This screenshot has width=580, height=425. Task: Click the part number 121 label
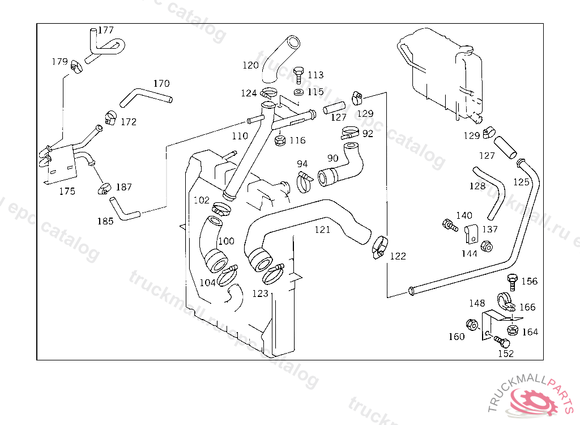322,229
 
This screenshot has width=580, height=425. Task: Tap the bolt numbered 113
298,75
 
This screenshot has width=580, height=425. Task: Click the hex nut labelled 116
280,141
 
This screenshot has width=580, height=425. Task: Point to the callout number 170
161,84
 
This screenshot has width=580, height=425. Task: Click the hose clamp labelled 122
379,247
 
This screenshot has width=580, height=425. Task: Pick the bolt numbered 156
512,282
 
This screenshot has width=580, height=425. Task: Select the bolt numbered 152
502,341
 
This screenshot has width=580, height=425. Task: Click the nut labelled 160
472,325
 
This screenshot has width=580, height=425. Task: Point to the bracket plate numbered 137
471,233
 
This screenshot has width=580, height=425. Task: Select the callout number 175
67,192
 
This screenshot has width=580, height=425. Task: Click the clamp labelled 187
104,189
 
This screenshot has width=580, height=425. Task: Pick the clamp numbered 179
76,66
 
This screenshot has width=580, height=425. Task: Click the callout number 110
240,136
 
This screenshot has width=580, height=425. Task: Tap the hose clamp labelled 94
304,182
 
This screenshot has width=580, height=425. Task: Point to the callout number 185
105,222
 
